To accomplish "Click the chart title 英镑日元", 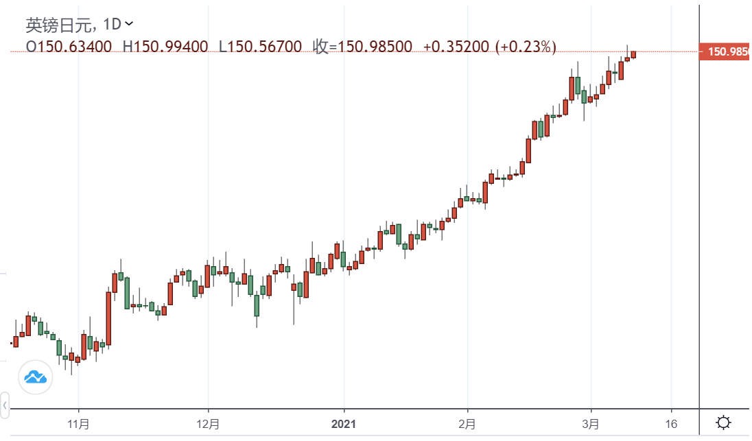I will [62, 25].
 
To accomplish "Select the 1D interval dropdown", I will [117, 25].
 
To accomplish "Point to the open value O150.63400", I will [69, 47].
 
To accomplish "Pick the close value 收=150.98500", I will [363, 47].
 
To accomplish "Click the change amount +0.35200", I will [456, 47].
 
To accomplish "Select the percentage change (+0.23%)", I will [525, 47].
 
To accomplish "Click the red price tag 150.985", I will [725, 51].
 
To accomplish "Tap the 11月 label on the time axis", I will [79, 423].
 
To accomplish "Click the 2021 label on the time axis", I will [343, 423].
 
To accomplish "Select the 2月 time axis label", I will [467, 423].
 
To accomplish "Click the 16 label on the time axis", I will [671, 423].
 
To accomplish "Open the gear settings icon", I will [724, 422].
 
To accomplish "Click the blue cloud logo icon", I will [35, 377].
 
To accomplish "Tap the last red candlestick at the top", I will [633, 54].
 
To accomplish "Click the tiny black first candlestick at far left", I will [11, 342].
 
